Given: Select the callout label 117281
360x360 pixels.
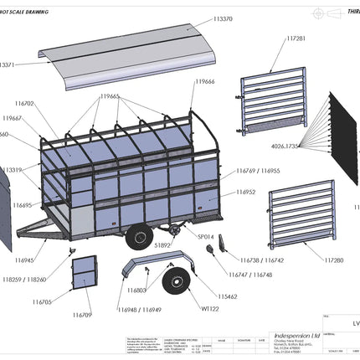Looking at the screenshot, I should click(296, 38).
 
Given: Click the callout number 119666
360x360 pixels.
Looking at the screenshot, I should click(205, 82).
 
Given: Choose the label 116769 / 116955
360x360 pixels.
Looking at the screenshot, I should click(259, 170).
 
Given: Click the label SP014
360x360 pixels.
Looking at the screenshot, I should click(205, 237).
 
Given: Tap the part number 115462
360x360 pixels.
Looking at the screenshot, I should click(227, 296).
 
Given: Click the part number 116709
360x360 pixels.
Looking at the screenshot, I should click(81, 315).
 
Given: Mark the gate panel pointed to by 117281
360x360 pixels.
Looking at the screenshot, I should click(269, 105).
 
